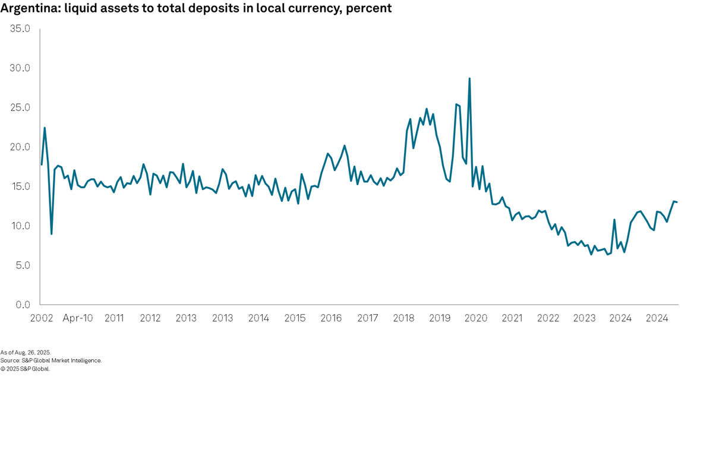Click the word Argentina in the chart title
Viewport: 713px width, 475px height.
pyautogui.click(x=25, y=9)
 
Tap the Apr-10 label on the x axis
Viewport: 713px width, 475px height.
pyautogui.click(x=78, y=318)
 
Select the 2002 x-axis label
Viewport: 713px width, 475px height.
pyautogui.click(x=42, y=318)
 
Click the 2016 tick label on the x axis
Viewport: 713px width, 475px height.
pyautogui.click(x=331, y=318)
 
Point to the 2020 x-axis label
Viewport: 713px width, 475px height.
pyautogui.click(x=475, y=318)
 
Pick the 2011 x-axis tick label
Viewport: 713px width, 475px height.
pyautogui.click(x=114, y=318)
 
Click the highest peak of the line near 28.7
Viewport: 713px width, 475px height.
pyautogui.click(x=469, y=78)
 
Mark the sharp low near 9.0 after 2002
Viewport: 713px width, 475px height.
pyautogui.click(x=52, y=233)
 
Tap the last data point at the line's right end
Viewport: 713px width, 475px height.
pyautogui.click(x=677, y=202)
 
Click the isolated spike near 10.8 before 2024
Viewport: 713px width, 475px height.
pyautogui.click(x=614, y=220)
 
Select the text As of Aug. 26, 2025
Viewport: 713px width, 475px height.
pyautogui.click(x=26, y=352)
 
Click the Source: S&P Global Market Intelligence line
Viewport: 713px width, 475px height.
pyautogui.click(x=51, y=360)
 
